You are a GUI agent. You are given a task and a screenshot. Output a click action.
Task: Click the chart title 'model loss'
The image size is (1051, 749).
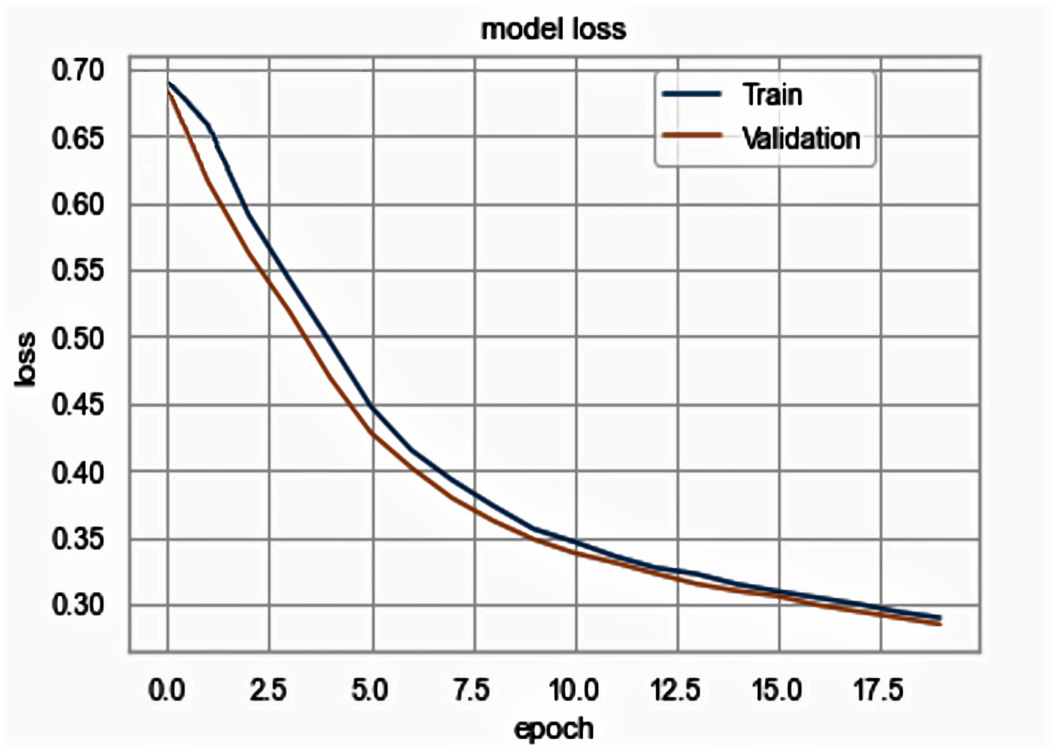[553, 29]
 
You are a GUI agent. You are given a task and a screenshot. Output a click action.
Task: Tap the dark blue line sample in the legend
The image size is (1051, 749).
[691, 94]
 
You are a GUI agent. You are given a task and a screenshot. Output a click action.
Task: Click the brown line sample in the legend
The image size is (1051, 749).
[691, 135]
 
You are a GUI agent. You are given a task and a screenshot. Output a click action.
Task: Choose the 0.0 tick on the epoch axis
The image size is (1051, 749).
[167, 690]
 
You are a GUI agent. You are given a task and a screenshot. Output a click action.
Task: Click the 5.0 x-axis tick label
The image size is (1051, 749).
[370, 690]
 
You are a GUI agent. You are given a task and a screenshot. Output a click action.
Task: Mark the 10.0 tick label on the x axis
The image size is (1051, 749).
[574, 690]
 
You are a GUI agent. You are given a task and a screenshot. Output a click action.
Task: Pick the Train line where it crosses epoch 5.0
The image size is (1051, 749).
[373, 408]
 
